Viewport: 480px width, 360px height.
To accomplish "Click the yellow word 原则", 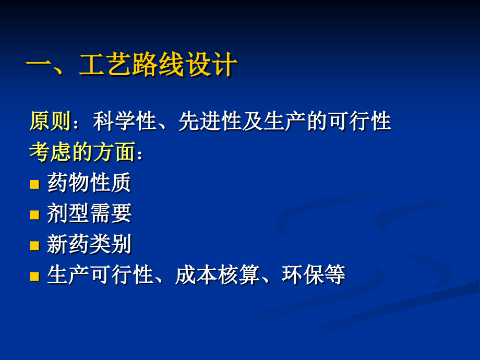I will click(50, 122).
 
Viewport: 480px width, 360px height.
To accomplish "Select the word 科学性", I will click(125, 122).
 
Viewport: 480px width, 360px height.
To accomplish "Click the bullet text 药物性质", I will click(89, 183).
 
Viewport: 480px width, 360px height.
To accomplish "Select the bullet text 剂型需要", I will click(89, 213).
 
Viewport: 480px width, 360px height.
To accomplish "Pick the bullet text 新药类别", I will click(89, 244).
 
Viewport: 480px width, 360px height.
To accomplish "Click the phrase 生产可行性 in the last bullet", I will click(99, 274).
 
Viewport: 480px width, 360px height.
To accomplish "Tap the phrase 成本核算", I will click(217, 274).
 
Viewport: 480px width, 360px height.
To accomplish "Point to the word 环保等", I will click(314, 274).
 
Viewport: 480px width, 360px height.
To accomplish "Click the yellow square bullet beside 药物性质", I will click(34, 184).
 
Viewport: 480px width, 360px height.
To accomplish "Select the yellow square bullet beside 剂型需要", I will click(34, 214).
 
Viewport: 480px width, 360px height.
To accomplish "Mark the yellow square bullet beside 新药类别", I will click(34, 245).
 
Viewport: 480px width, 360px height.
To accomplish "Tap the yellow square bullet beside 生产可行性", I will click(34, 276).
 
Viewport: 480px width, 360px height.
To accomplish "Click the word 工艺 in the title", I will click(105, 66).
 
